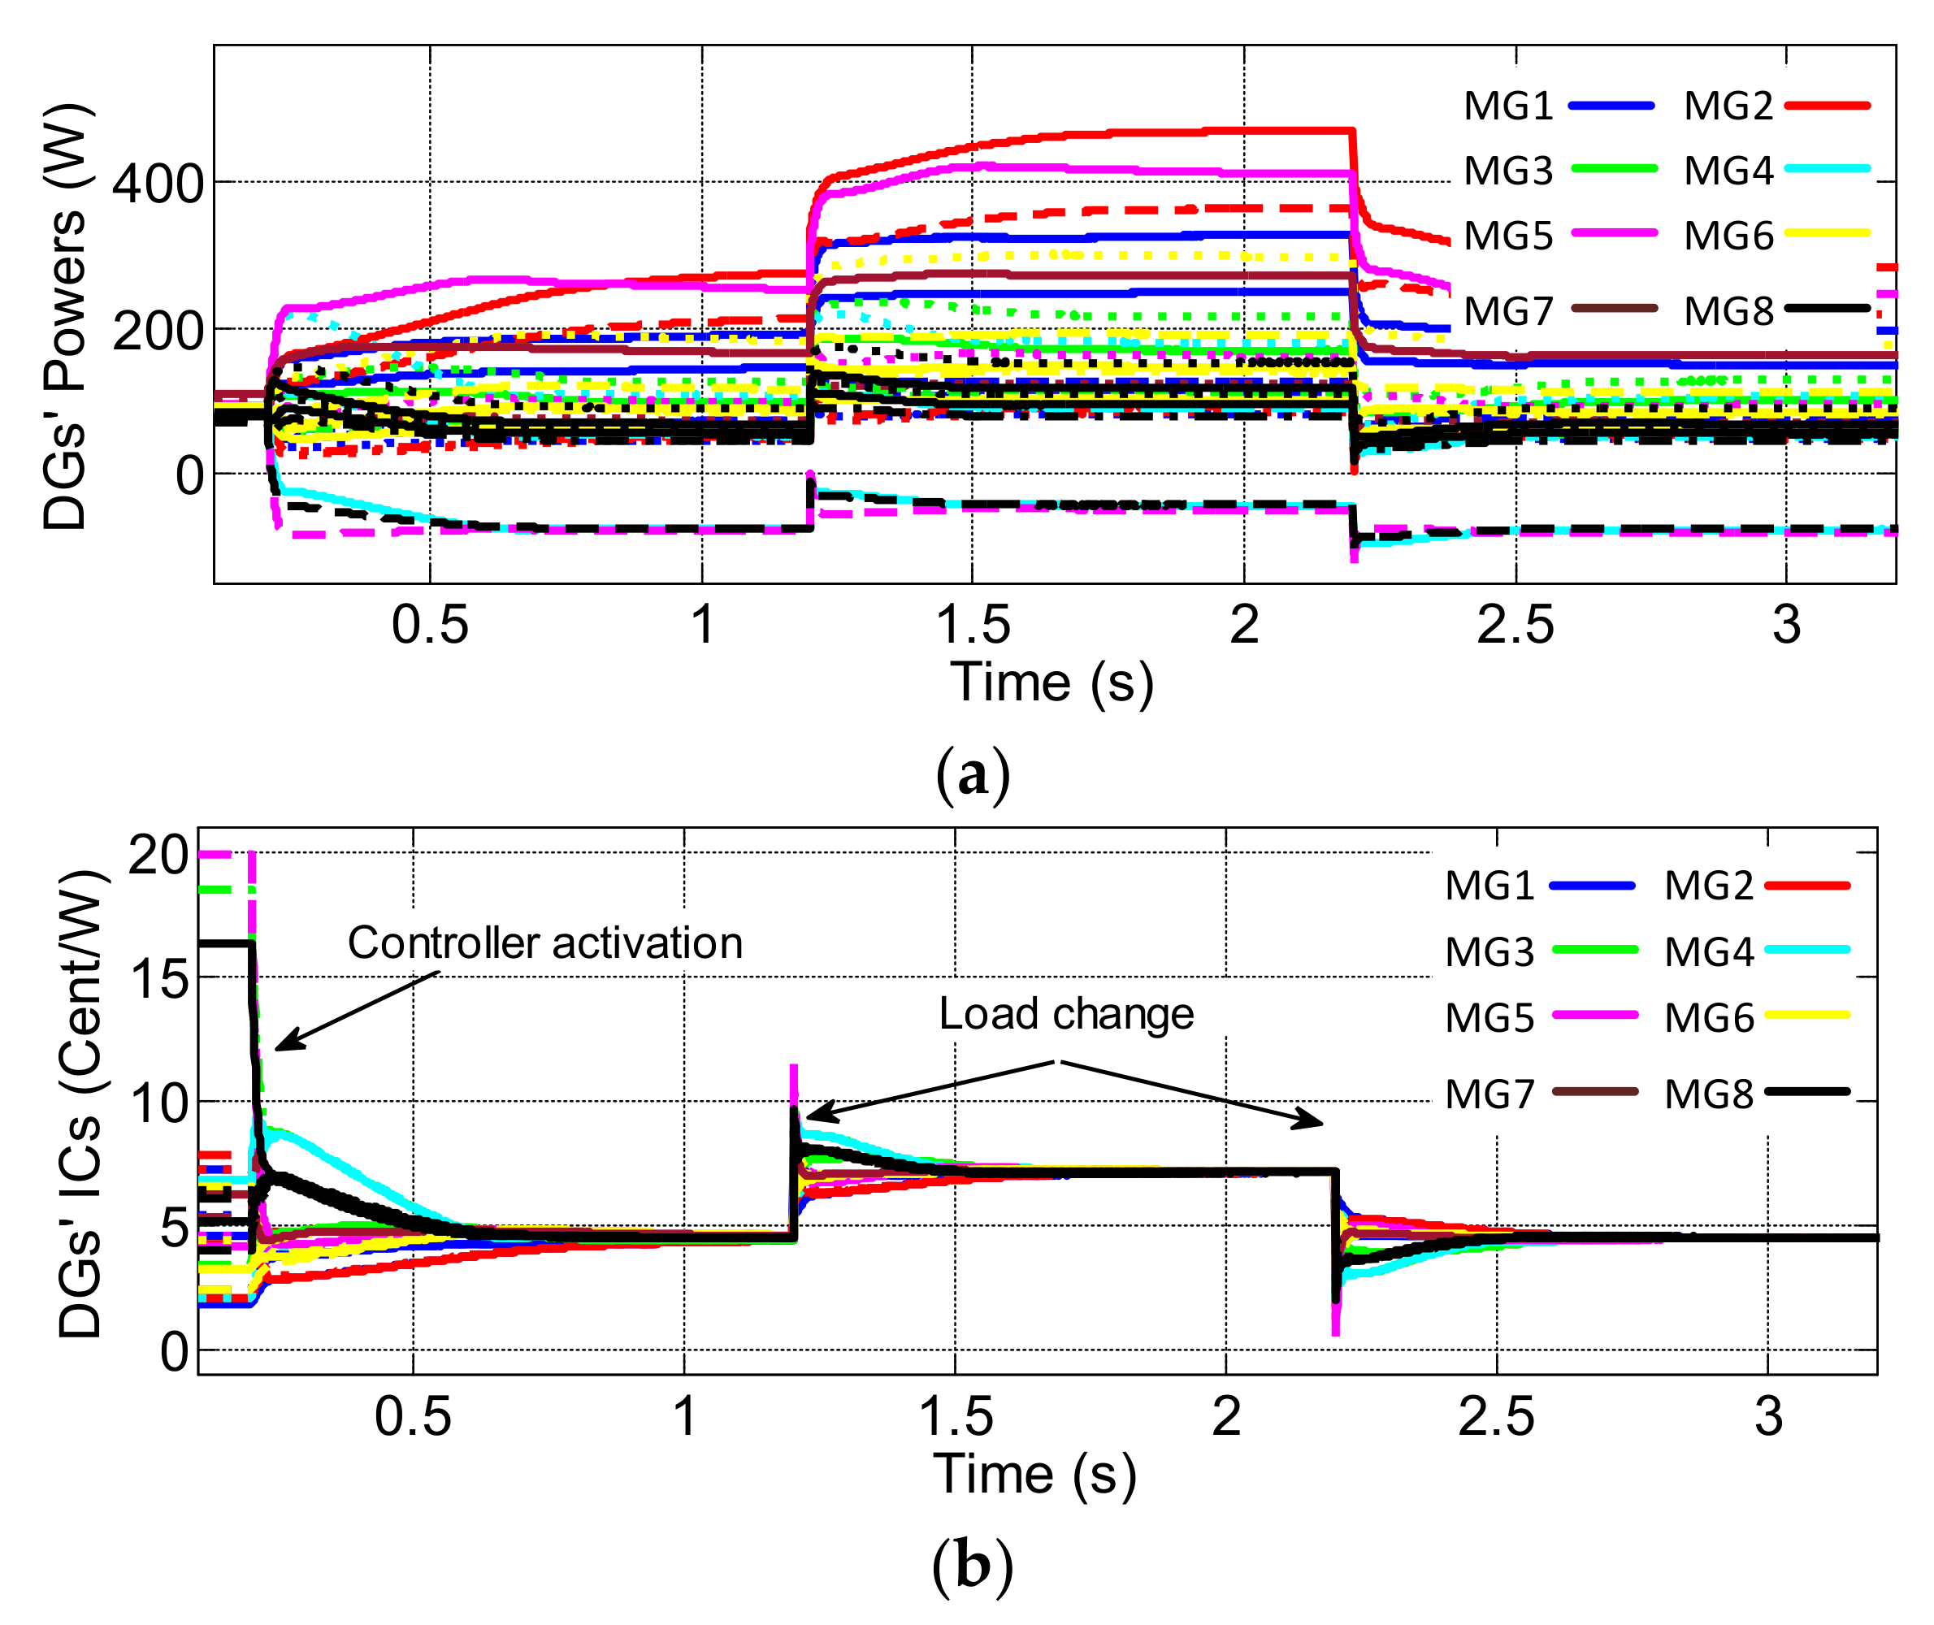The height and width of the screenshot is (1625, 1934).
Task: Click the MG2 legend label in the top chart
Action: [x=1728, y=107]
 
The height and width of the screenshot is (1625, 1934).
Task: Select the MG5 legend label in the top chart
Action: [x=1507, y=236]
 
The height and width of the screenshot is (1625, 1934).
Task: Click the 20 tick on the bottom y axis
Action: [x=158, y=856]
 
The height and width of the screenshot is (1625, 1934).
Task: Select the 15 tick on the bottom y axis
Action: [x=159, y=979]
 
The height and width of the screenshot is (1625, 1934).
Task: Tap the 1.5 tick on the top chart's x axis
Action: [x=973, y=626]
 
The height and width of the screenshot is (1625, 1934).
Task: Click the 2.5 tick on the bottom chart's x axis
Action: [x=1496, y=1417]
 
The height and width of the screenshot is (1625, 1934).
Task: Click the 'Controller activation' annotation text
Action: [x=544, y=943]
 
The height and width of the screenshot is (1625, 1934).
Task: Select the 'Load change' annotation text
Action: [x=1066, y=1014]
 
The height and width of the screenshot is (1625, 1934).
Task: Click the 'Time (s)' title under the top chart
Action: [x=1052, y=682]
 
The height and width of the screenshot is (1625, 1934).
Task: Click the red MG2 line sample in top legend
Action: [x=1827, y=106]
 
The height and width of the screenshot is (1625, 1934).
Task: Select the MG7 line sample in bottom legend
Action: [x=1595, y=1092]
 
